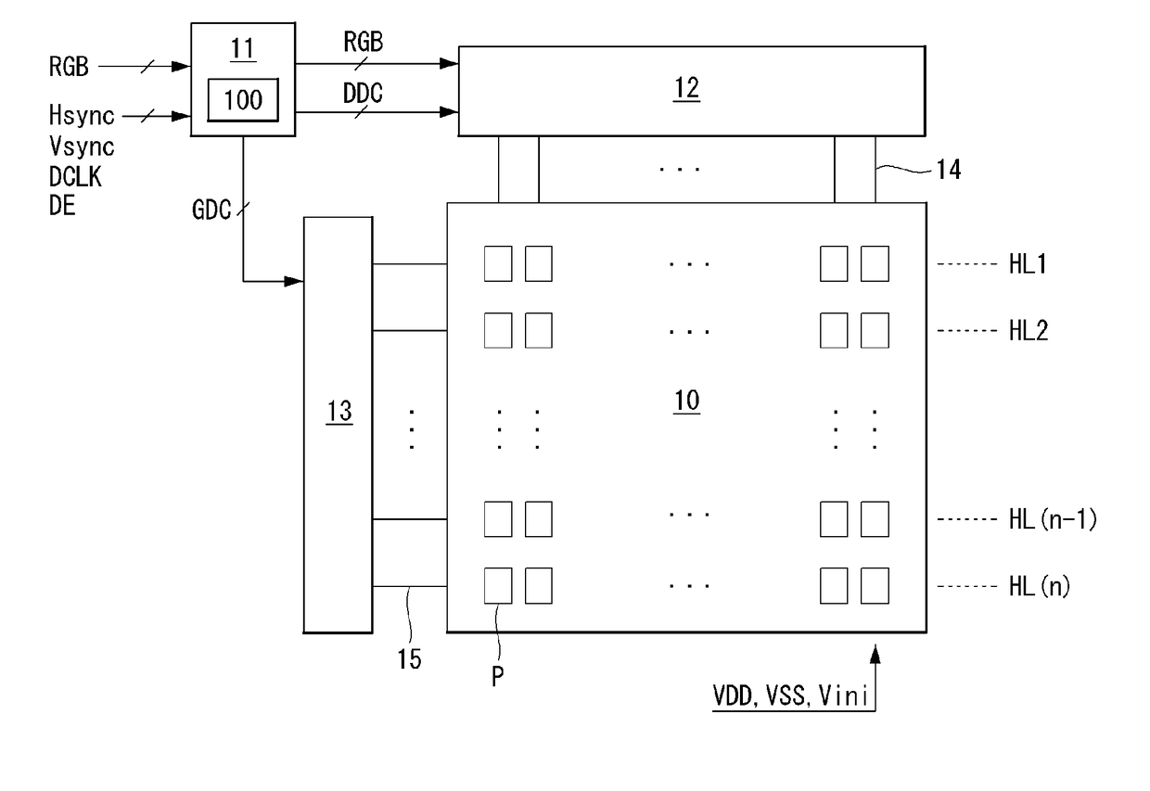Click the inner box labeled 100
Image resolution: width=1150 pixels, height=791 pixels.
243,100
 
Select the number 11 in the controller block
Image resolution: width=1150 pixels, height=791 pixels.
243,49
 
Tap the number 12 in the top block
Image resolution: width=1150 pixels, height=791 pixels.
686,88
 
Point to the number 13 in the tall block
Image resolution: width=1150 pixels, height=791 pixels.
339,412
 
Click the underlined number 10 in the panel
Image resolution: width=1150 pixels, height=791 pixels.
686,401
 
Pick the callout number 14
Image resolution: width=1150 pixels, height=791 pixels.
949,170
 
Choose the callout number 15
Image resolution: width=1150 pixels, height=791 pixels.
409,659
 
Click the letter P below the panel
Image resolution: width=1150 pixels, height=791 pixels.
497,677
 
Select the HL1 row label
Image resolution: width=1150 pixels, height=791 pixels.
1028,264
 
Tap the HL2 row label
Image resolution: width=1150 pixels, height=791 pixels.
1029,330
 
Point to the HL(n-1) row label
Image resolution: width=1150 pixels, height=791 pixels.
1053,519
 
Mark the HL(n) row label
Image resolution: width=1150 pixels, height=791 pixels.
1040,586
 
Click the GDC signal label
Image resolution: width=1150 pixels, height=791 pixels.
211,210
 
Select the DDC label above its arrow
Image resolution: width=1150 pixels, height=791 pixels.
363,94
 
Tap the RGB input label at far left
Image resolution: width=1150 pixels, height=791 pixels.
69,67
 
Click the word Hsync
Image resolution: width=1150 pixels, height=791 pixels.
82,116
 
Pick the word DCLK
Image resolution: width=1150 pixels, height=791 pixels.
75,176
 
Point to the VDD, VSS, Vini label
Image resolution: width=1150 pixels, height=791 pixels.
790,696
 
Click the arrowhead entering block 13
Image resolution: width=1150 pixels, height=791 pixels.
294,281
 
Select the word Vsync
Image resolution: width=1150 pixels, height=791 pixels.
82,147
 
